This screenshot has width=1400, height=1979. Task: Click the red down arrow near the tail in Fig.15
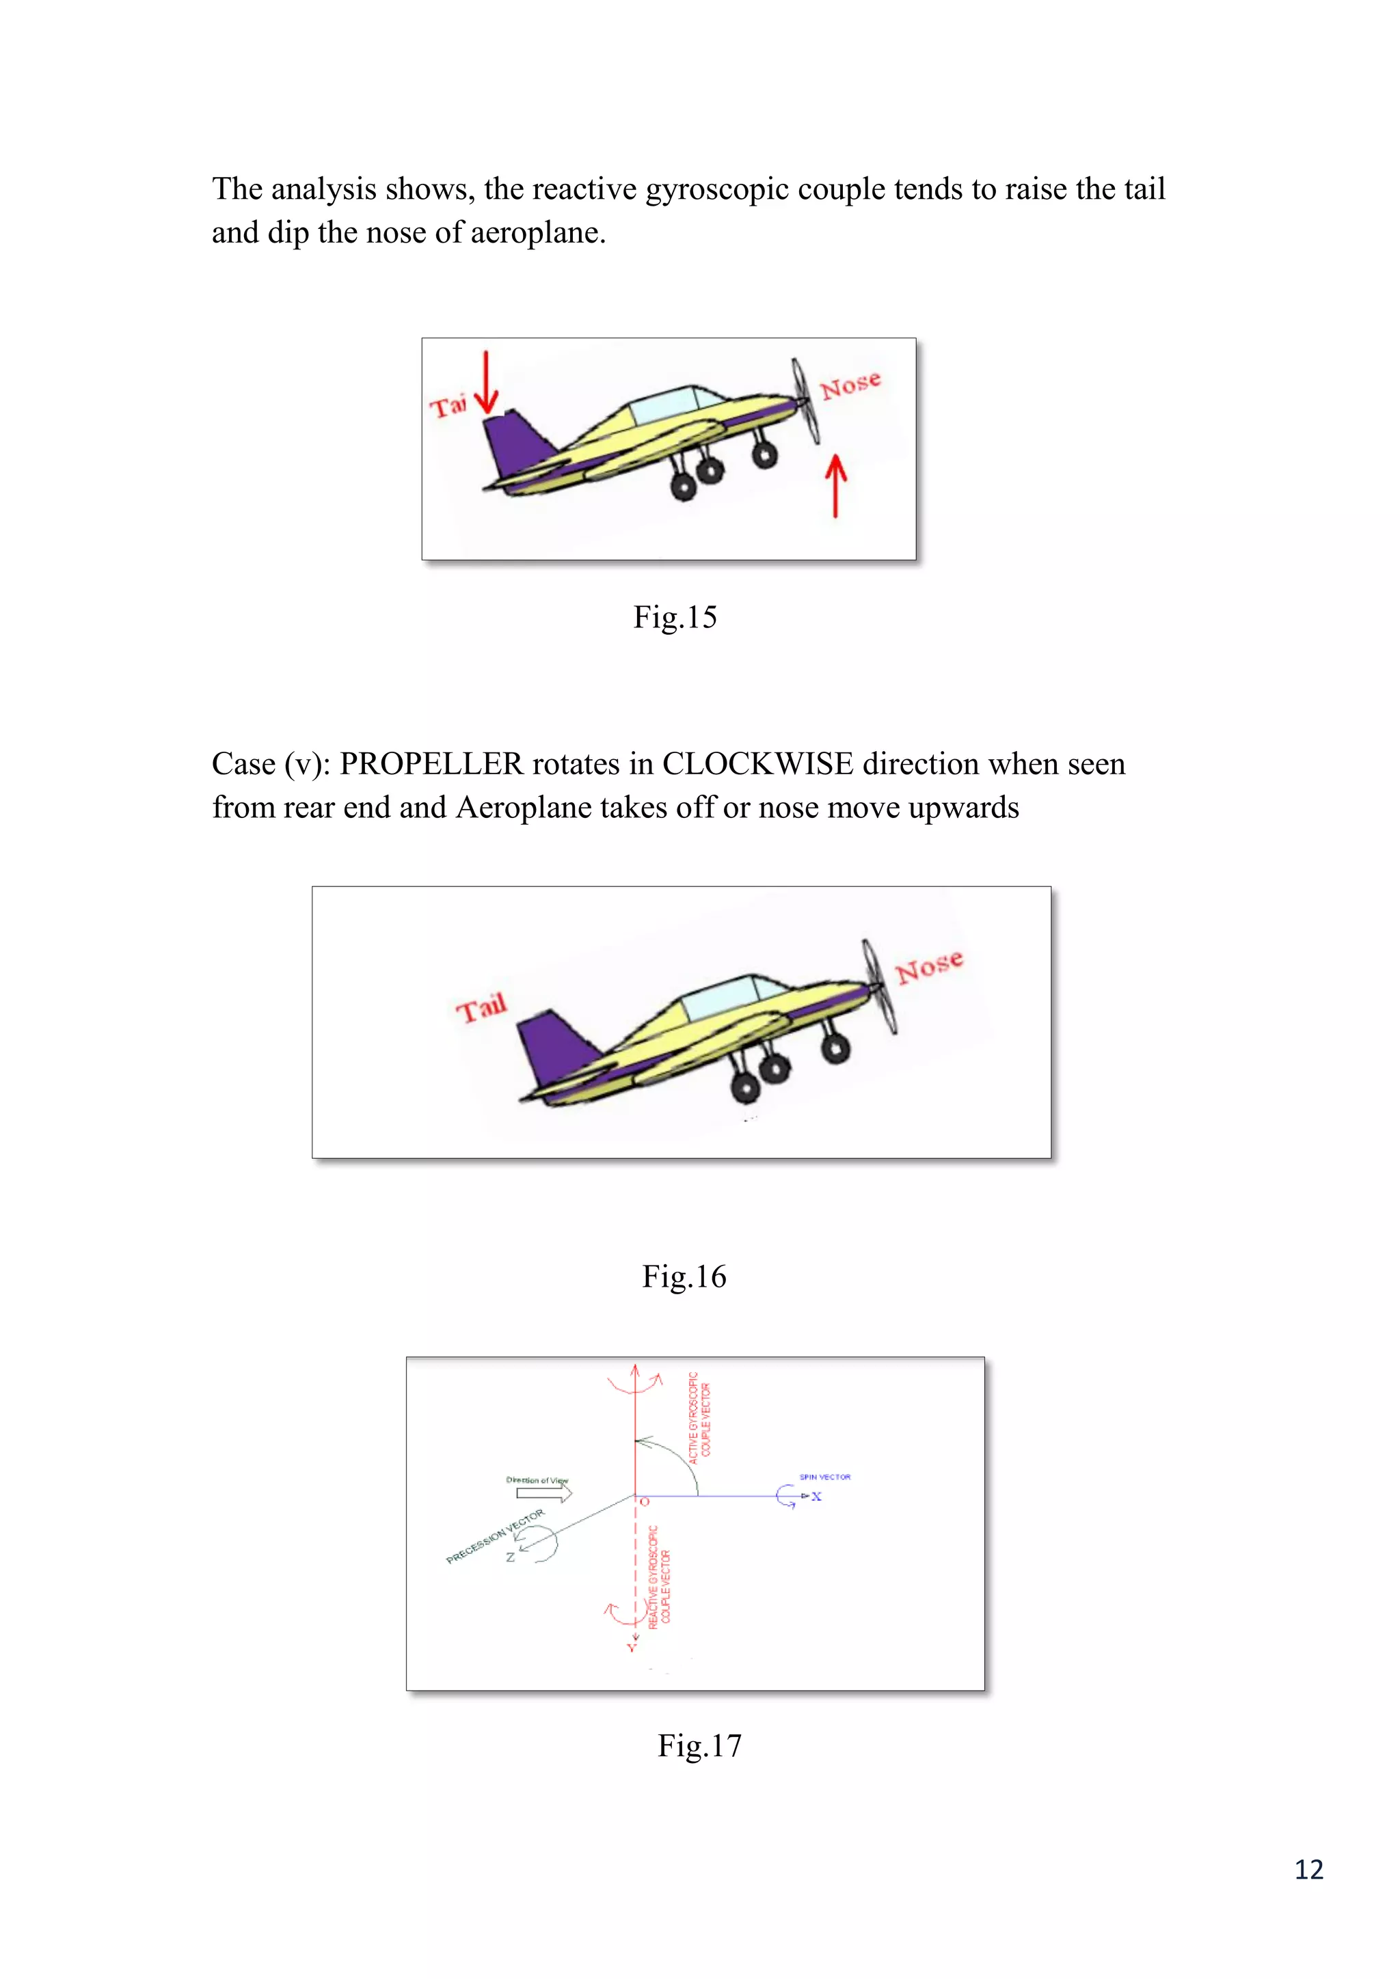[x=486, y=383]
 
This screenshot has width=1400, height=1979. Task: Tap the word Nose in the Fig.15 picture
[x=850, y=385]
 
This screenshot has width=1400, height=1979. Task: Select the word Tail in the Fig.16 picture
[x=481, y=1007]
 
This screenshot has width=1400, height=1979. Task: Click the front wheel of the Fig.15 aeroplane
[x=764, y=452]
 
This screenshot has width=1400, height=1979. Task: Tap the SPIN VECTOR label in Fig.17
[x=824, y=1477]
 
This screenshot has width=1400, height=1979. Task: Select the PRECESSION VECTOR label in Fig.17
[x=495, y=1536]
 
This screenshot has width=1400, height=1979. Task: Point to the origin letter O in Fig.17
[x=645, y=1502]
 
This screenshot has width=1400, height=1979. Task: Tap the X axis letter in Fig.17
[x=816, y=1497]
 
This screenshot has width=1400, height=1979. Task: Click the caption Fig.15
[x=674, y=617]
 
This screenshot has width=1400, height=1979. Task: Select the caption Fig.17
[x=699, y=1745]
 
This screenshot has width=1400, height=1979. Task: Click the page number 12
[x=1308, y=1869]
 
